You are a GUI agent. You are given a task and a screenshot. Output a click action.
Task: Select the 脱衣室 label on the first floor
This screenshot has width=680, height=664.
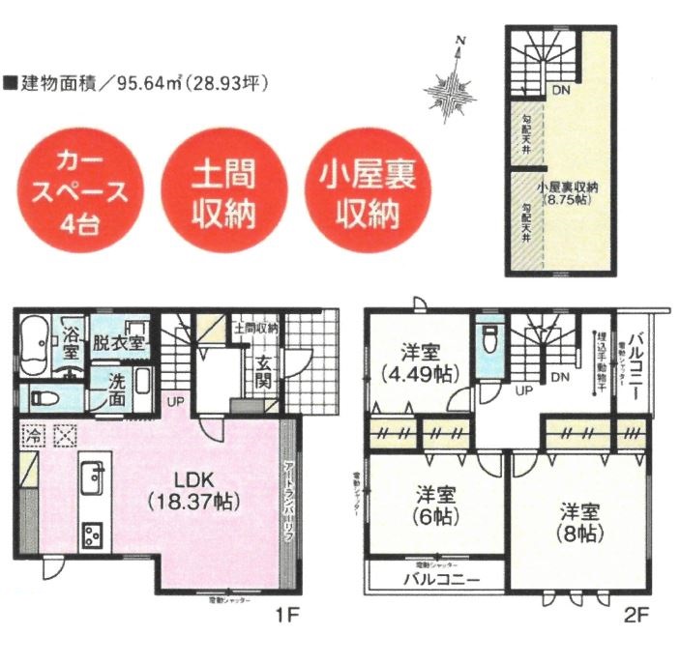point(117,342)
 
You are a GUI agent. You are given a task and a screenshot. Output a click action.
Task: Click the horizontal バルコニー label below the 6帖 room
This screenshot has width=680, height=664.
point(438,580)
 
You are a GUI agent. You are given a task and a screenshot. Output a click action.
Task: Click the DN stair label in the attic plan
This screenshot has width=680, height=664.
point(561,91)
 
